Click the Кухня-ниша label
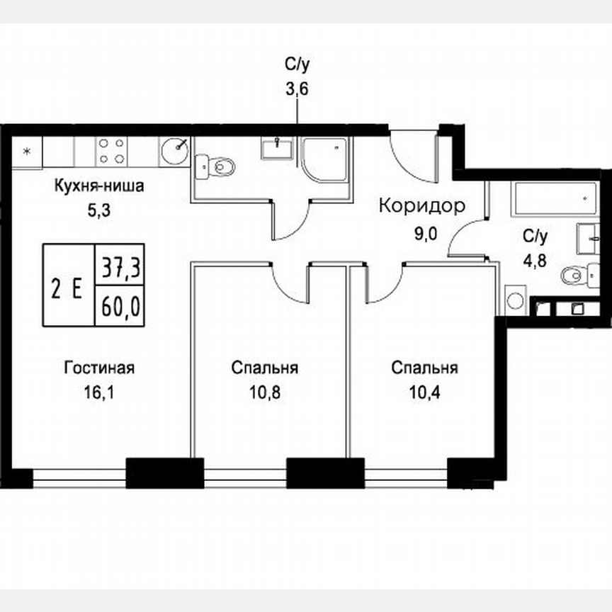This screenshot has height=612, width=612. coord(100,188)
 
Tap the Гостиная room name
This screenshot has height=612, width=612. coord(99,368)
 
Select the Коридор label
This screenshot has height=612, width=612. coord(422,206)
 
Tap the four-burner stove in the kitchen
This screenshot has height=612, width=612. coord(112,150)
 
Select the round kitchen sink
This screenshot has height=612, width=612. coord(174,150)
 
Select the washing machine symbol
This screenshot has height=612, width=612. coord(516,300)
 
